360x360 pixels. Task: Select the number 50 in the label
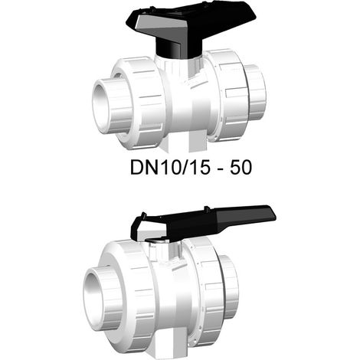click(x=241, y=168)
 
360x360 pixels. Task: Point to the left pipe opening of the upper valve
click(x=102, y=106)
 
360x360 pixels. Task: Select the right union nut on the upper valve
click(x=227, y=94)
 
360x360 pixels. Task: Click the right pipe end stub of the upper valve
click(x=255, y=92)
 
